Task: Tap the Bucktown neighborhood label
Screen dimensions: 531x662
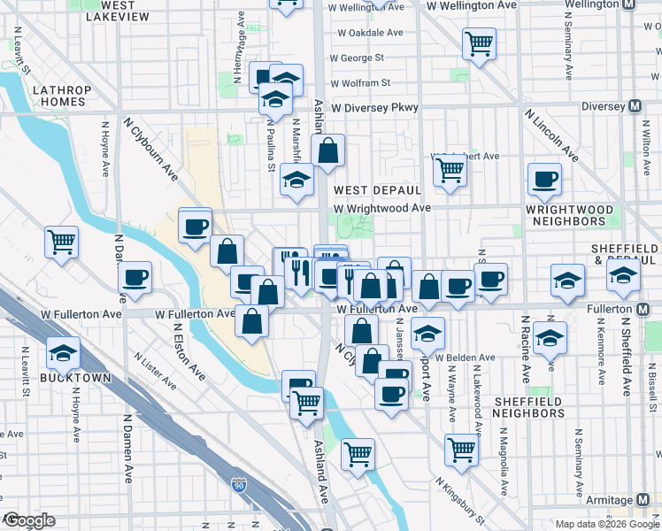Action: point(75,378)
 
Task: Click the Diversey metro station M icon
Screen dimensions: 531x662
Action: point(634,106)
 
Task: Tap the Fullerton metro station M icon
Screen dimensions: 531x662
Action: point(643,310)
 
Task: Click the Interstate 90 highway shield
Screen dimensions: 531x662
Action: point(238,484)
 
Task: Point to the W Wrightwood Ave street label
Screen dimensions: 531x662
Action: point(381,208)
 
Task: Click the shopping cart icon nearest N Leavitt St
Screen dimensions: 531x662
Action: point(61,241)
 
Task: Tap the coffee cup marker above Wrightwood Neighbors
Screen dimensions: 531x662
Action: point(544,179)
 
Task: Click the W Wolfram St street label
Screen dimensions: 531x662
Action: point(360,83)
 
